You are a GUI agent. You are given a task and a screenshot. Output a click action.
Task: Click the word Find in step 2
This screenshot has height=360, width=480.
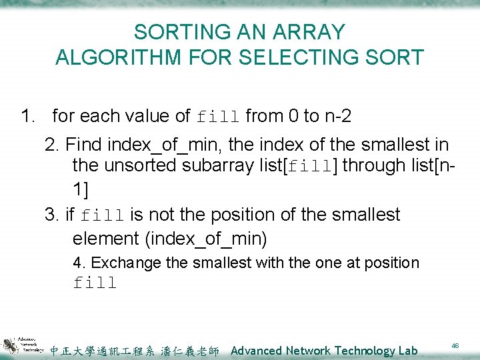[84, 144]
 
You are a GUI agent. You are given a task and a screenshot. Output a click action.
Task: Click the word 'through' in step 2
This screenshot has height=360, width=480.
[372, 165]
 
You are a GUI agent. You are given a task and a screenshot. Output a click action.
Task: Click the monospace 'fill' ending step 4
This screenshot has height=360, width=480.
[95, 283]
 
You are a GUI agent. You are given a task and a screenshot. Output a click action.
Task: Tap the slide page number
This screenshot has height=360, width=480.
[455, 346]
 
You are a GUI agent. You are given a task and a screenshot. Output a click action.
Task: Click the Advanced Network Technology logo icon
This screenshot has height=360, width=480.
[23, 345]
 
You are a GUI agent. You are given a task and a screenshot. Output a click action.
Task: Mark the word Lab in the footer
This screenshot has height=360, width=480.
[405, 351]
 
